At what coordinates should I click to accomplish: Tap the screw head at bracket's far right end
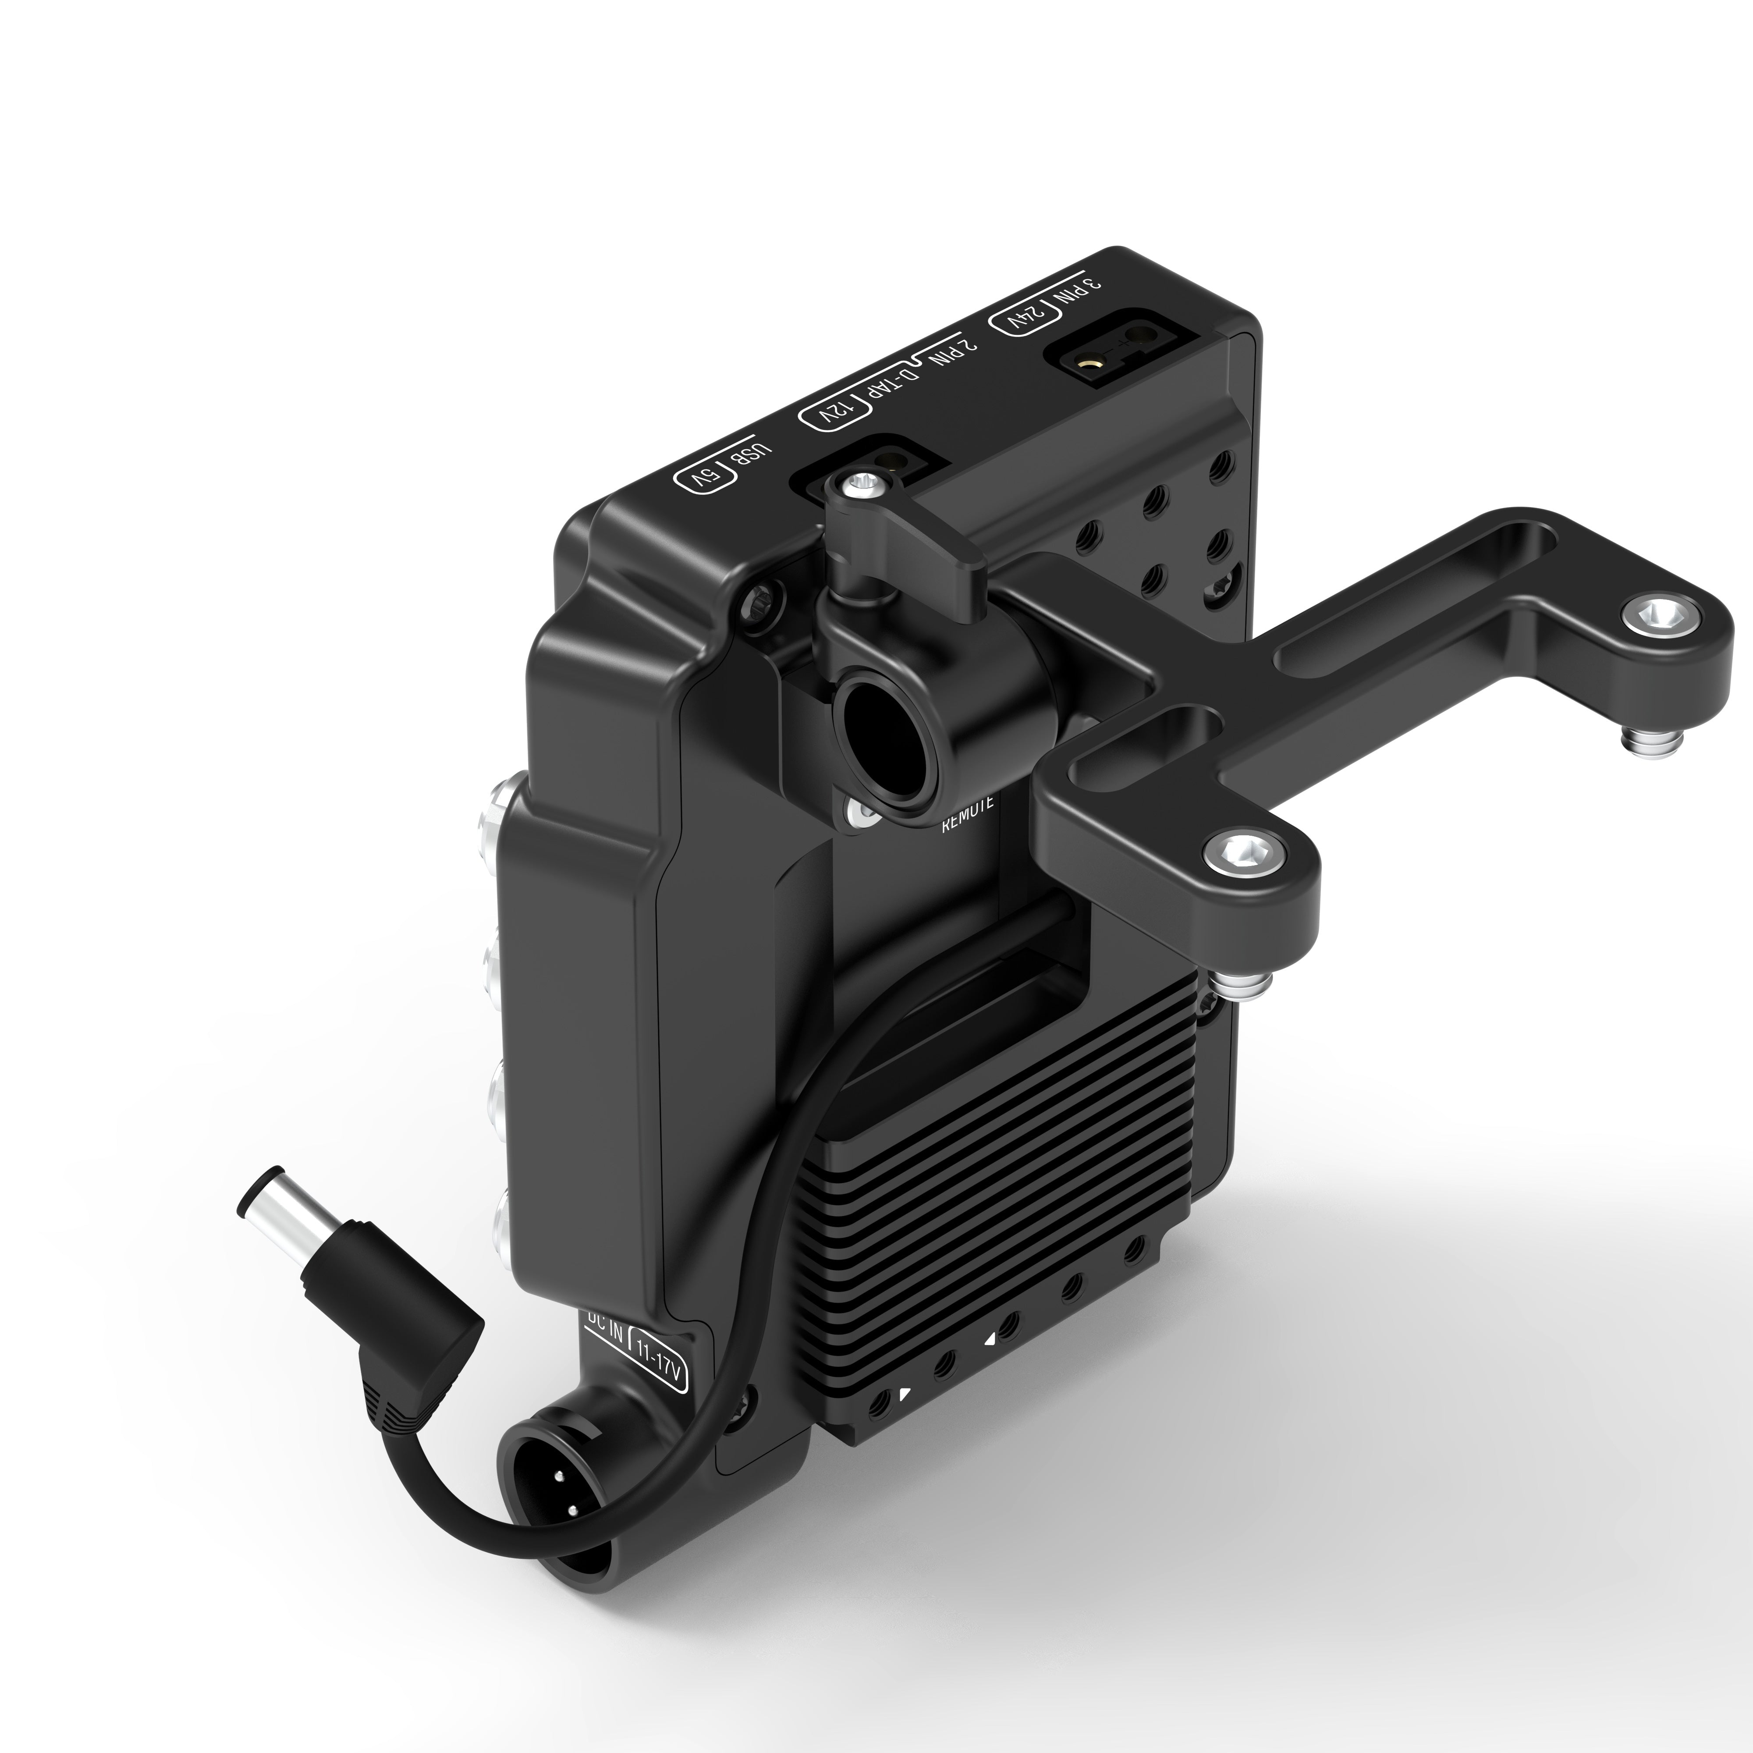[1659, 619]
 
